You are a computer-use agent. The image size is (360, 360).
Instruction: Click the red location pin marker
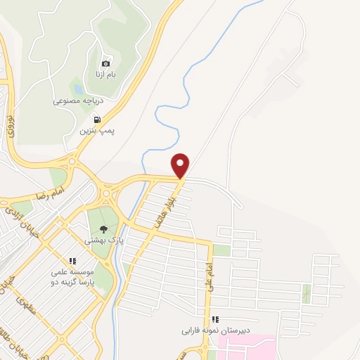[x=181, y=165]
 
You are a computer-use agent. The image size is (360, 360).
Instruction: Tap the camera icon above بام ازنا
[x=106, y=63]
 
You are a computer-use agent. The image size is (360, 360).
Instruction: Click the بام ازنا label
[x=101, y=74]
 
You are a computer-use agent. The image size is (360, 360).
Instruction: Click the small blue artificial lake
[x=77, y=89]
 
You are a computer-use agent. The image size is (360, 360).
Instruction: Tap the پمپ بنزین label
[x=96, y=131]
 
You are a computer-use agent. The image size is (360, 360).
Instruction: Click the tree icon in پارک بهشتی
[x=104, y=229]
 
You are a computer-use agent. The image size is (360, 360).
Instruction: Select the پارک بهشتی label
[x=100, y=240]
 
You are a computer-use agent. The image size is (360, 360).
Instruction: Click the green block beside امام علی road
[x=221, y=250]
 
